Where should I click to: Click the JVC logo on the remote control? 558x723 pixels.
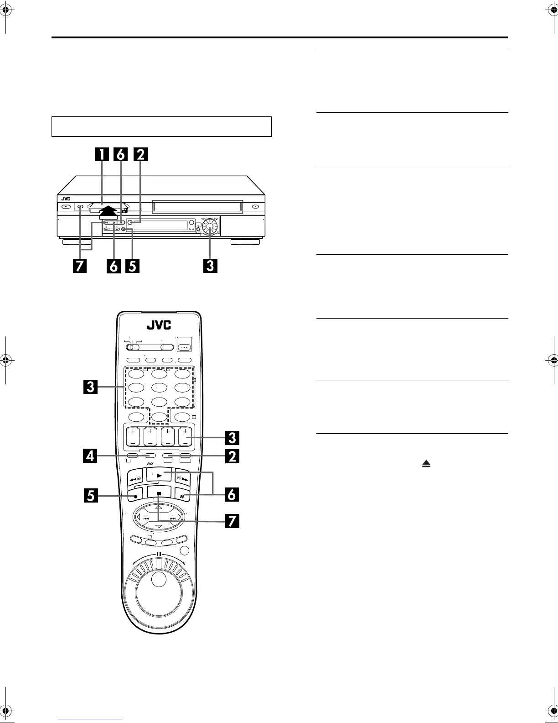159,325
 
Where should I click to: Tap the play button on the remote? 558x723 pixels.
159,475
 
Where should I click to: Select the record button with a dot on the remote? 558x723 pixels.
136,495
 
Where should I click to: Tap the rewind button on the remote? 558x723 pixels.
136,479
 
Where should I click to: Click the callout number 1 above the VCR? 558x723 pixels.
101,155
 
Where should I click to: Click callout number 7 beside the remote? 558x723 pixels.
232,521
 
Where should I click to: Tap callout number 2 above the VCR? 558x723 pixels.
140,155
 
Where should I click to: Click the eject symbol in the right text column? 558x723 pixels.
426,464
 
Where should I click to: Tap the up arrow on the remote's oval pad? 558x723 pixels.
158,508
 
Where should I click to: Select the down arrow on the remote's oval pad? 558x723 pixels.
158,527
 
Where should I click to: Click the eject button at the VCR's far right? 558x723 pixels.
256,206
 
